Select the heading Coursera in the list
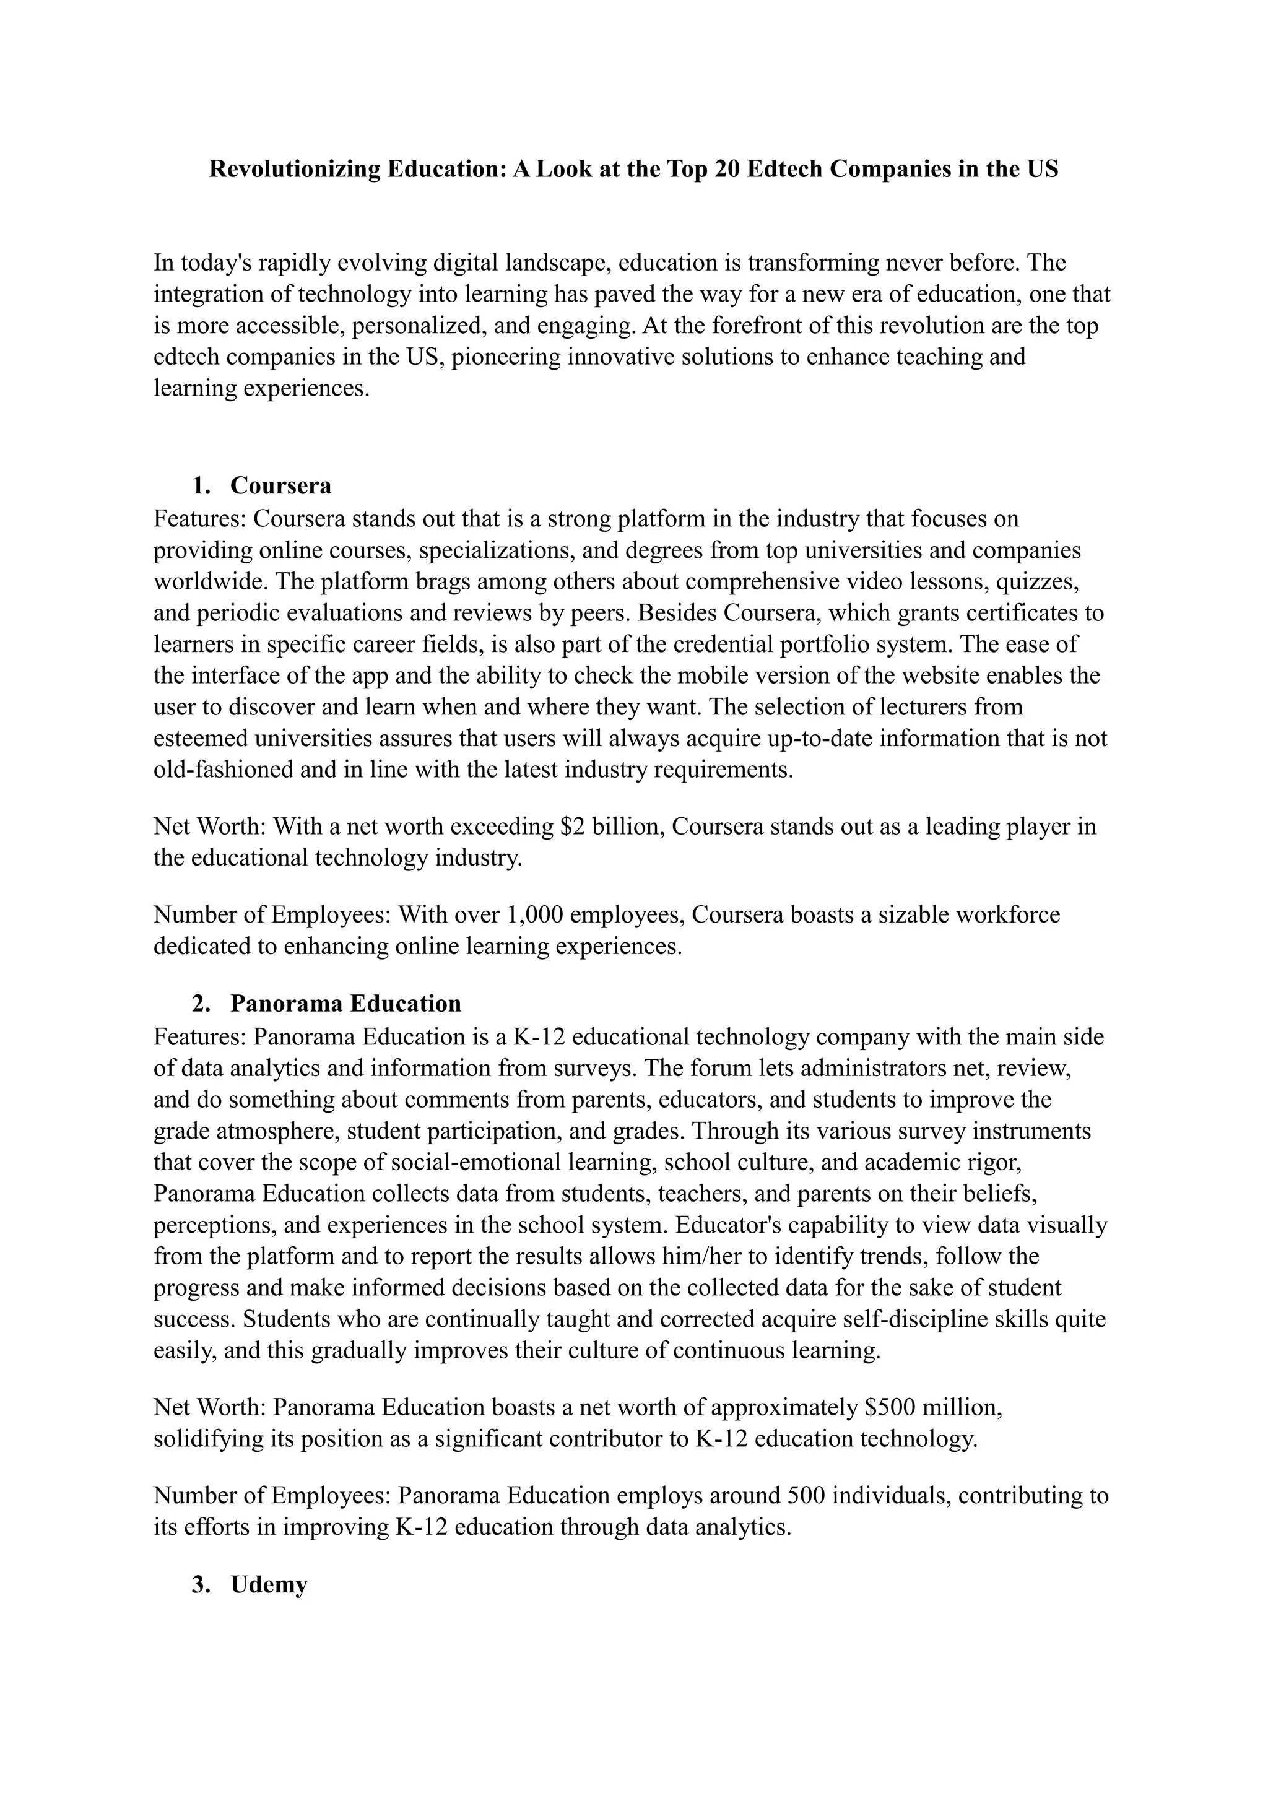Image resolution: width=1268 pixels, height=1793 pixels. click(x=281, y=486)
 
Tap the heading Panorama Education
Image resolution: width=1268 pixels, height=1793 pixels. click(x=346, y=1003)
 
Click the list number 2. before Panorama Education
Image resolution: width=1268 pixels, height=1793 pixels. click(x=201, y=1003)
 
